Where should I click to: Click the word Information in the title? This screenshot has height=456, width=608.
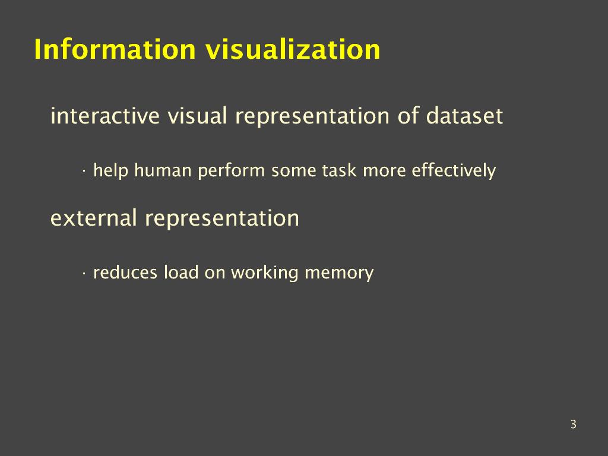click(115, 49)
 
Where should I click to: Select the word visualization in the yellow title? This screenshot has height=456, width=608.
click(293, 49)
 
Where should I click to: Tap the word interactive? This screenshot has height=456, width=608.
click(105, 116)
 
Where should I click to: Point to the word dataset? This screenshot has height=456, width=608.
click(464, 116)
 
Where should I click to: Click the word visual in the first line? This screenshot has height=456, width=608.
click(197, 116)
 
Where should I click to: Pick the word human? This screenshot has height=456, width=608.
click(163, 170)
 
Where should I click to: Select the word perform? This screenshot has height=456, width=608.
click(231, 171)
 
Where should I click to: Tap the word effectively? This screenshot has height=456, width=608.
click(454, 171)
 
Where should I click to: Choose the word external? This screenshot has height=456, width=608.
click(93, 217)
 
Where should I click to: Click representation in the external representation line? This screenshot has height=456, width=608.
click(222, 218)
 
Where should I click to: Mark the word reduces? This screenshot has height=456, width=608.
click(125, 272)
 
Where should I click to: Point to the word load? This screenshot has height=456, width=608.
click(181, 272)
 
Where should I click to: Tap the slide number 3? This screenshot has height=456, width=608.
click(574, 424)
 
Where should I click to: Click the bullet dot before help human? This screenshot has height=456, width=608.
click(84, 172)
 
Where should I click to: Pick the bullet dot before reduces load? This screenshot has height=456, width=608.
click(84, 273)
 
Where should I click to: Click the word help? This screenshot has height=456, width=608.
click(111, 171)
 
